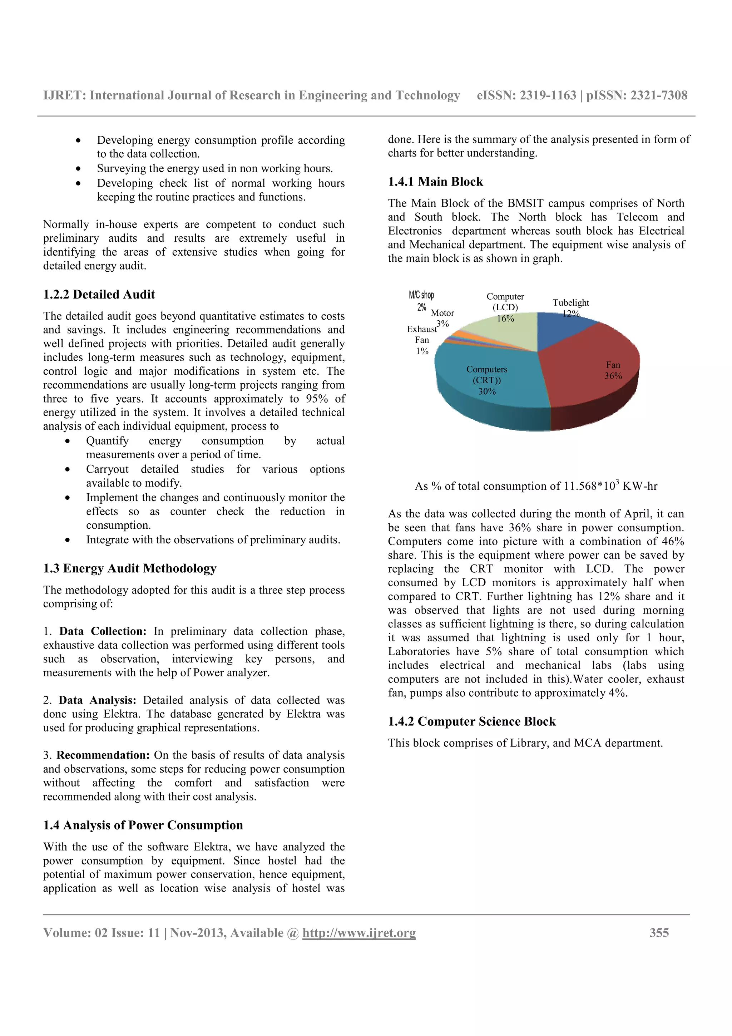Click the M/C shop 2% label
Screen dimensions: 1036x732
(x=421, y=301)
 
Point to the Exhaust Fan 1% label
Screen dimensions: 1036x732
(x=422, y=340)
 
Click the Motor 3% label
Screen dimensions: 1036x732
(x=442, y=318)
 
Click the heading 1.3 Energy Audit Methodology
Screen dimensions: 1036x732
(x=129, y=568)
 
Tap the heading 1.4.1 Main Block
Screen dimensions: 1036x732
(x=435, y=182)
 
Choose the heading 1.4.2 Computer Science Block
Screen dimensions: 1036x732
(x=472, y=721)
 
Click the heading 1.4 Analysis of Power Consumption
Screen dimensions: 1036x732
(x=143, y=825)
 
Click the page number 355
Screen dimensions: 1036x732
(x=659, y=932)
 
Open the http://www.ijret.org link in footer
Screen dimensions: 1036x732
(x=359, y=932)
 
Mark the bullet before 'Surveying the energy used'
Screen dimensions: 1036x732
(x=79, y=169)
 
